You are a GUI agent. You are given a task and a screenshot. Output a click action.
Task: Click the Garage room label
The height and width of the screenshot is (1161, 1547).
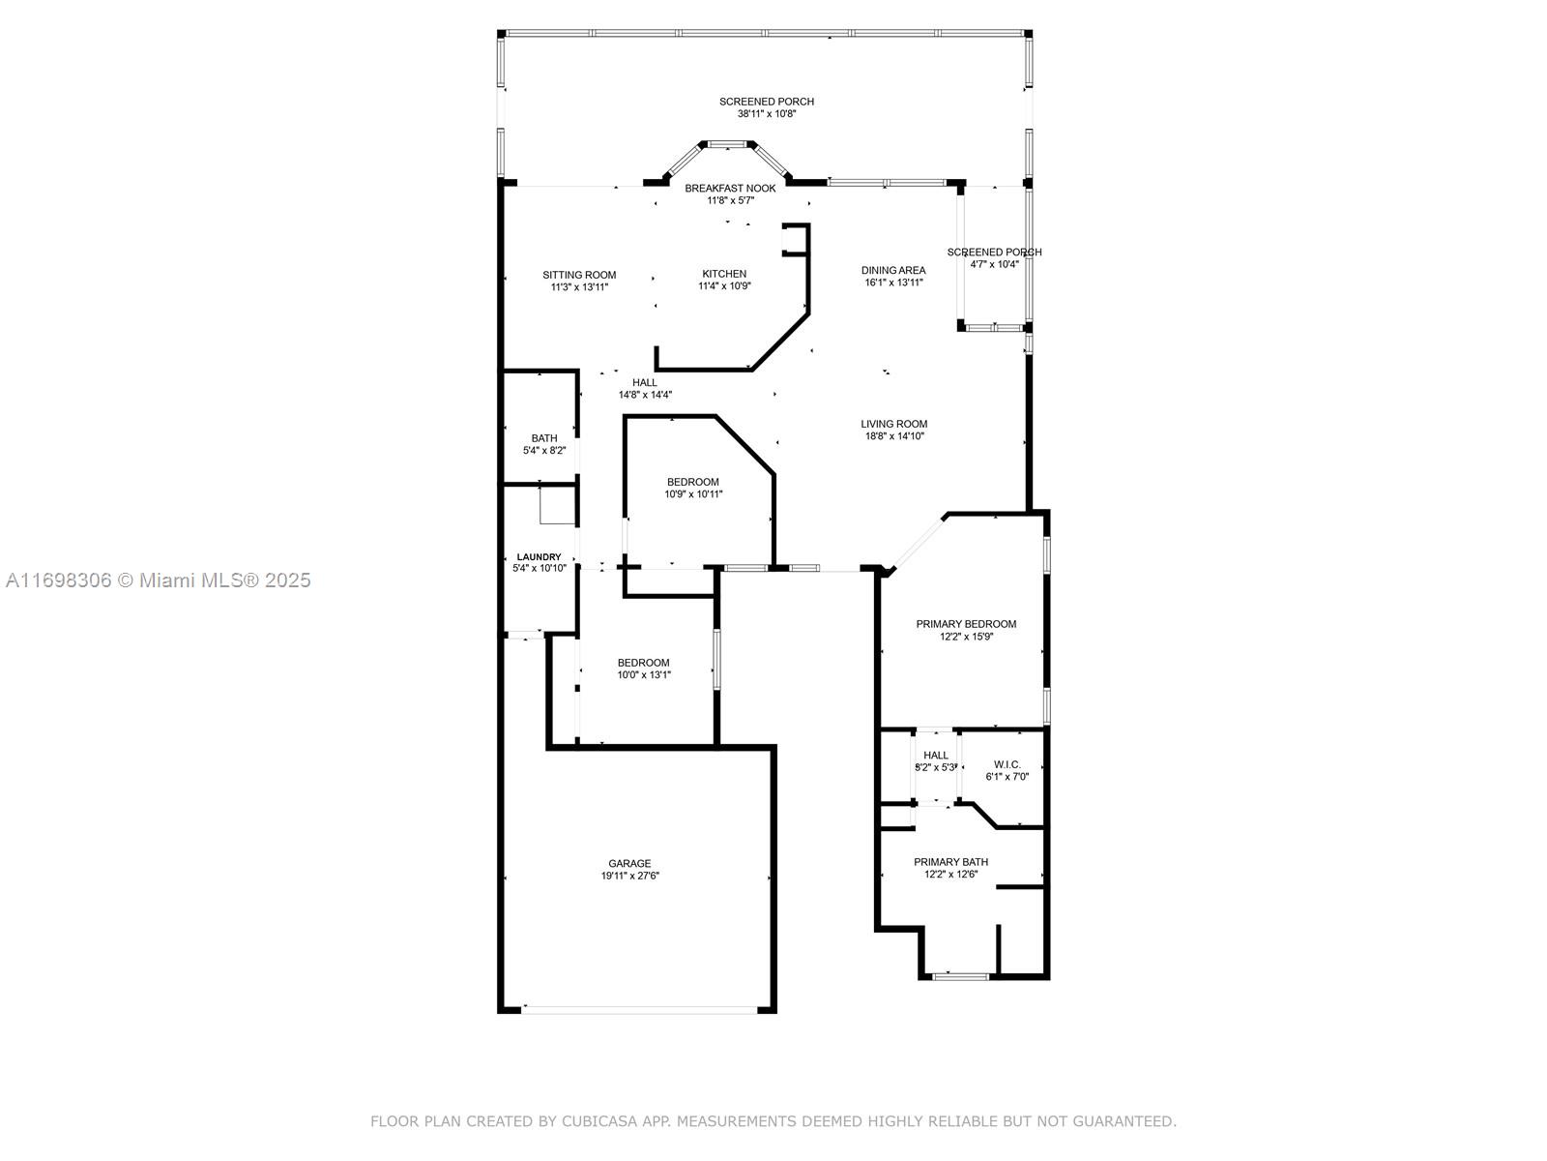point(628,864)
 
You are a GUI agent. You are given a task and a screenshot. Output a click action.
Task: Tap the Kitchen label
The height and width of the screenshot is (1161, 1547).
point(724,274)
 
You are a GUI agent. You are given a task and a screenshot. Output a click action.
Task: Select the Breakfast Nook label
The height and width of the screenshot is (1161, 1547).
point(730,189)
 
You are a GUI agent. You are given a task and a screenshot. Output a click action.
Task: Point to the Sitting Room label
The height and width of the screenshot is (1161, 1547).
point(579,275)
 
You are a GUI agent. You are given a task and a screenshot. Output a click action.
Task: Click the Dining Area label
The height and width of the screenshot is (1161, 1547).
point(893,270)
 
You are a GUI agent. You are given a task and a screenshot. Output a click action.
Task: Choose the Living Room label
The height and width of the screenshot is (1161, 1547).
point(893,424)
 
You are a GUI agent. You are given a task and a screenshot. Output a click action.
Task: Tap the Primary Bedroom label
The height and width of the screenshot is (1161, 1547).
point(966,624)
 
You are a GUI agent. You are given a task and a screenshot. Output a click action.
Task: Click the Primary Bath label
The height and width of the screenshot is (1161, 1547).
point(950,862)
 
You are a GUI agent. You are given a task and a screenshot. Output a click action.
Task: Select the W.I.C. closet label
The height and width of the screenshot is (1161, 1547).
point(1007,764)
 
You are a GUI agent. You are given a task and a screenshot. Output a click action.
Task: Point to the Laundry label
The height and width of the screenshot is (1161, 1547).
point(540,557)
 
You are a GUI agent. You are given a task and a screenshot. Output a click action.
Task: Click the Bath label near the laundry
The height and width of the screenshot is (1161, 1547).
point(544,438)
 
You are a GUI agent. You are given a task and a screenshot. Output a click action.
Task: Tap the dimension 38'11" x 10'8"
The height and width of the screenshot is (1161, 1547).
point(767,113)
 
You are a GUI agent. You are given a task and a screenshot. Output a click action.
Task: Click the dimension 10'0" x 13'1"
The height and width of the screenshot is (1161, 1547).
point(644,674)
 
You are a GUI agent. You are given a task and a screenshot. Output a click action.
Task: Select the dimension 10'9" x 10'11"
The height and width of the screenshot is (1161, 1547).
point(693,494)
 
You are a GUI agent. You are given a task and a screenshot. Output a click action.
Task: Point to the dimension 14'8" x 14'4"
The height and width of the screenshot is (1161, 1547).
point(645,395)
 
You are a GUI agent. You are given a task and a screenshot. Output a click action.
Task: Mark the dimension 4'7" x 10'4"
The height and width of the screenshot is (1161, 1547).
point(995,264)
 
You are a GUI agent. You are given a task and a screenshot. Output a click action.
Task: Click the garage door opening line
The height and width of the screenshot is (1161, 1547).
point(639,1009)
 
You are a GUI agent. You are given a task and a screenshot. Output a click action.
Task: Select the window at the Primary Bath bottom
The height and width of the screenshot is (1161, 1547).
point(961,976)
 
